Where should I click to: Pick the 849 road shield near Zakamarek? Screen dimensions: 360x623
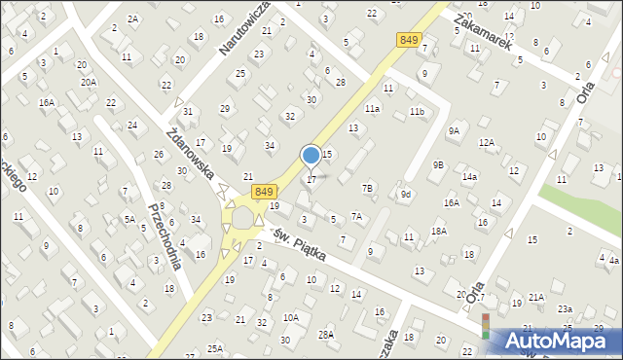(409, 39)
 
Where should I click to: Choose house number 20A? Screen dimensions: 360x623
(89, 83)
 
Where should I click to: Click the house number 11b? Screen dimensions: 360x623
(417, 112)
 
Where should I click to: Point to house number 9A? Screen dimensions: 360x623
(454, 131)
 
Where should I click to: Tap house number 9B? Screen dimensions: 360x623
(438, 164)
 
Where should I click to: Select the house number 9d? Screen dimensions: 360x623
(406, 195)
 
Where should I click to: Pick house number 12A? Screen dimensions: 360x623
(486, 143)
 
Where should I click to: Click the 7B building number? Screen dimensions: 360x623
(367, 188)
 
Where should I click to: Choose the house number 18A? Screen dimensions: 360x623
(439, 231)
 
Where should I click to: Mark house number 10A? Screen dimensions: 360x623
(291, 317)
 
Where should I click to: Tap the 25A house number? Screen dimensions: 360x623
(215, 348)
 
